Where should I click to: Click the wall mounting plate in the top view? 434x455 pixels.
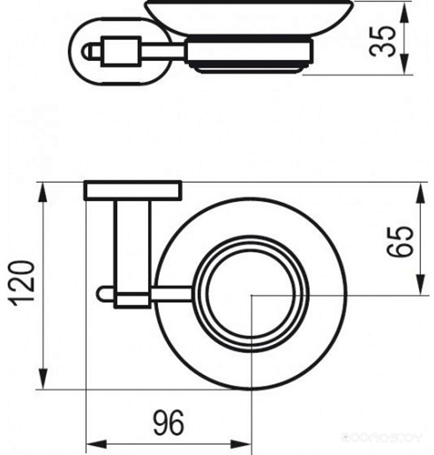coord(133,190)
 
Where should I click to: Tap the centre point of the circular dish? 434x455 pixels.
coord(250,294)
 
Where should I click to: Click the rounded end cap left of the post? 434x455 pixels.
coord(102,294)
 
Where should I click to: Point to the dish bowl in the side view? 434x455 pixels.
coord(249,17)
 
